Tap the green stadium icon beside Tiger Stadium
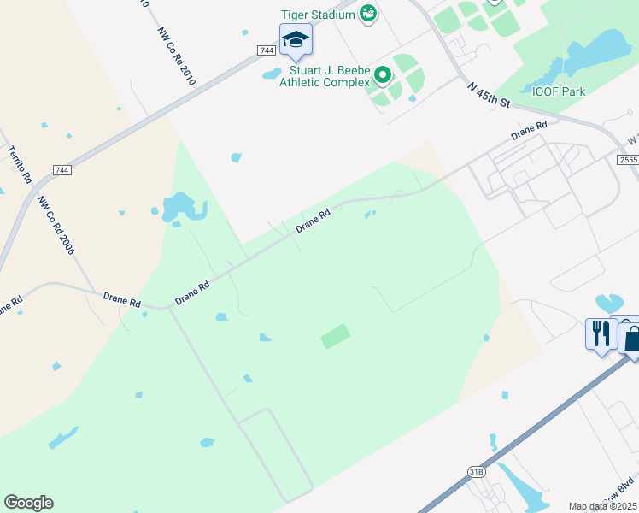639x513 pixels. point(368,14)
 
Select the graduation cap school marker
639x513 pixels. point(296,39)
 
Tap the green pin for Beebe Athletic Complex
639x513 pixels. point(383,75)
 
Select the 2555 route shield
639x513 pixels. point(629,160)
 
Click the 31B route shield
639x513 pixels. point(476,471)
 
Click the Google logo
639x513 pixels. point(28,503)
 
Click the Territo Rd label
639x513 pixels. point(20,165)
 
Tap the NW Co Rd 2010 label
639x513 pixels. point(177,56)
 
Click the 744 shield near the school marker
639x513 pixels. point(265,51)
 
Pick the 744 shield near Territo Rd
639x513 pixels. point(61,171)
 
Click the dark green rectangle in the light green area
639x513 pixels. point(335,336)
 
